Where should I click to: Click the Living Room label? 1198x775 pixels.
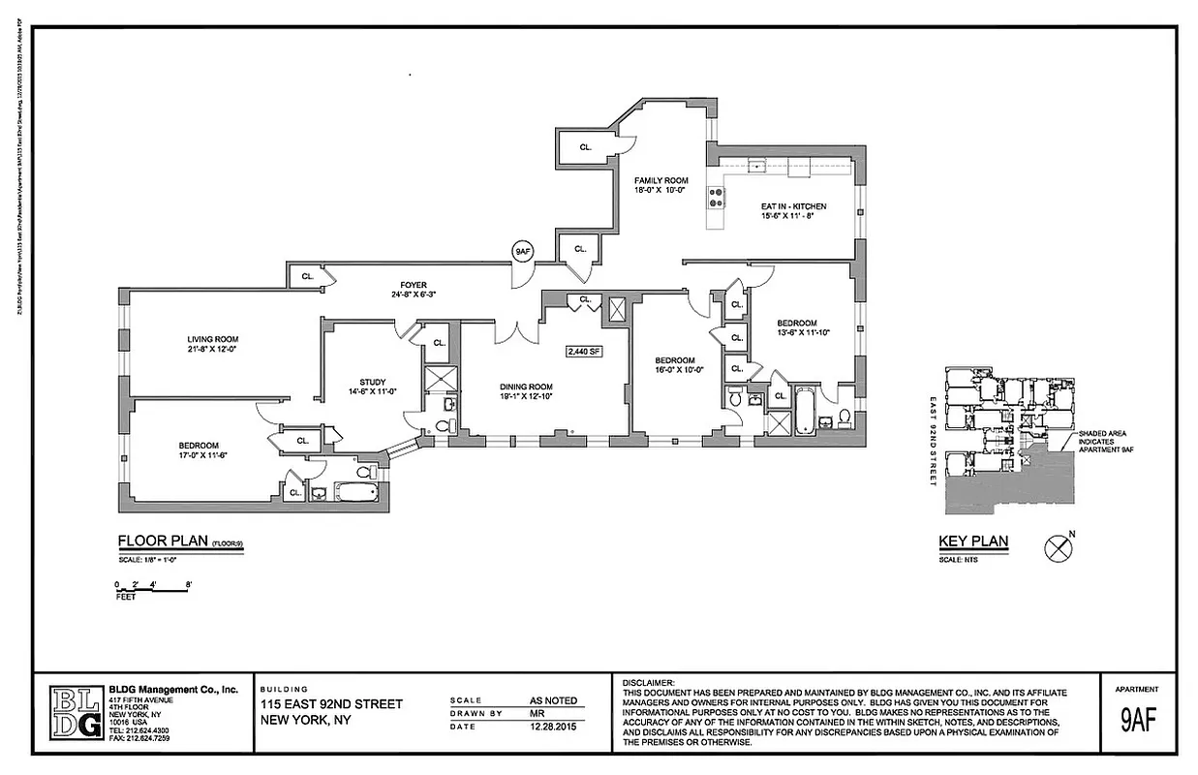[212, 339]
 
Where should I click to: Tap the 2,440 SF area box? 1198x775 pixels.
[584, 352]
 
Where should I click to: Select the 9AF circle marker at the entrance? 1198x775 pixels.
[523, 252]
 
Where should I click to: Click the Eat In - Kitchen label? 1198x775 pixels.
[772, 205]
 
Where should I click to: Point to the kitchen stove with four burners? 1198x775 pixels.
[717, 198]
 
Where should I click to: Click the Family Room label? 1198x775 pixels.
[660, 181]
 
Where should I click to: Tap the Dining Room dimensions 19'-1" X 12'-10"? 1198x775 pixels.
[527, 397]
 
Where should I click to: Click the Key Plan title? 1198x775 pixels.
[973, 542]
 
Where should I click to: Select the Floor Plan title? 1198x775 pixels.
[159, 542]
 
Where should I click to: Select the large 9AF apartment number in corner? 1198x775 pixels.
[1139, 722]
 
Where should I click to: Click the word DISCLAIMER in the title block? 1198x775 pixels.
[647, 683]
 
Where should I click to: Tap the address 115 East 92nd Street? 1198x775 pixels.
[331, 704]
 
